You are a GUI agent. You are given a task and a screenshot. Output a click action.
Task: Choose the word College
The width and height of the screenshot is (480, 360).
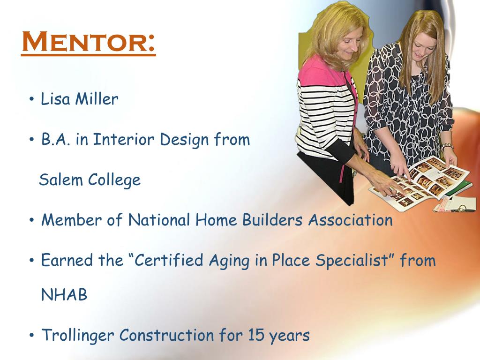[x=114, y=180]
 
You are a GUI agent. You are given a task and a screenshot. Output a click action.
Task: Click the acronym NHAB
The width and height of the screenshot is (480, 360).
[x=64, y=295]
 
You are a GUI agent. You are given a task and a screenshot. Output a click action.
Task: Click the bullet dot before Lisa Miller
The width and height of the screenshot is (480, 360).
[x=31, y=100]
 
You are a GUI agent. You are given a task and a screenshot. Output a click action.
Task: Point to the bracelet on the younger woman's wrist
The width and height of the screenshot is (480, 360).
[x=447, y=147]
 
